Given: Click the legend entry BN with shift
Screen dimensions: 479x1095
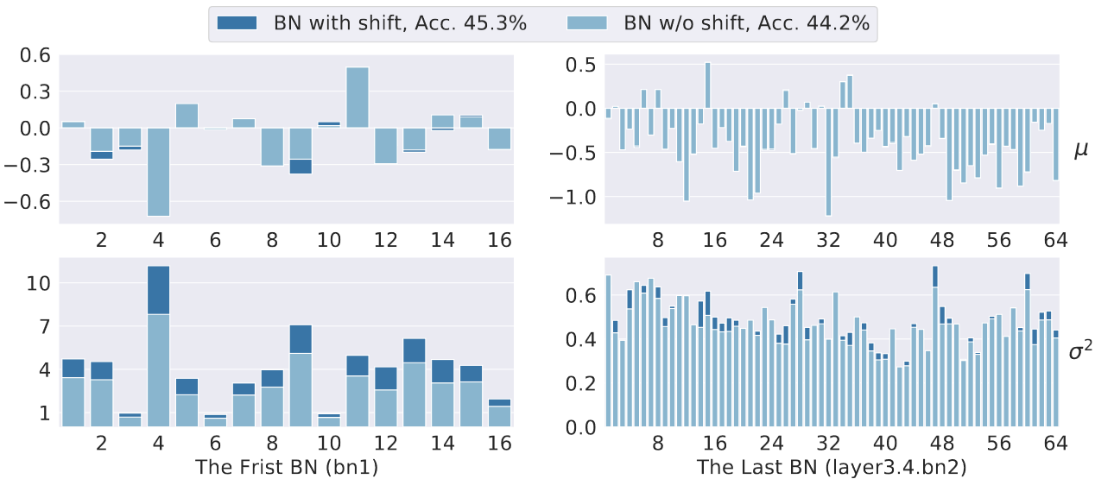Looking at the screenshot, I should [372, 23].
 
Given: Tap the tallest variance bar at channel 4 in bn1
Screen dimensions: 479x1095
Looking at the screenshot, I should [158, 345].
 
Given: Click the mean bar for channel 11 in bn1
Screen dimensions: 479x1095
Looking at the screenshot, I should [358, 98].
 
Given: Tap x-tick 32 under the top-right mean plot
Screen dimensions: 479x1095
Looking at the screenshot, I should [828, 239].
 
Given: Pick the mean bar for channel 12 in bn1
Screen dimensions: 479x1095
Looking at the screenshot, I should [386, 146].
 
